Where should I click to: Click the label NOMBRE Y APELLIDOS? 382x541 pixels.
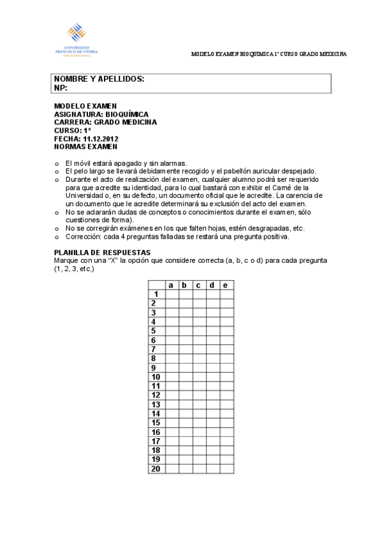[99, 79]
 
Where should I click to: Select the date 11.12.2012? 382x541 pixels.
[101, 138]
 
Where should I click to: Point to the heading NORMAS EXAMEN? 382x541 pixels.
[86, 146]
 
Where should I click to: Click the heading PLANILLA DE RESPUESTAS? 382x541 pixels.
[102, 253]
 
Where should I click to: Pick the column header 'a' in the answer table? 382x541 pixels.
[172, 285]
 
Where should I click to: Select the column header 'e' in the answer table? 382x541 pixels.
[226, 285]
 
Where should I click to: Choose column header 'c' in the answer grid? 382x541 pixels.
[199, 285]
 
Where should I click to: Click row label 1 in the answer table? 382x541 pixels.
[156, 294]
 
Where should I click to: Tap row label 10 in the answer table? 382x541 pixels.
[156, 376]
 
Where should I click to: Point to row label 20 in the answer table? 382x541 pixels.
[156, 468]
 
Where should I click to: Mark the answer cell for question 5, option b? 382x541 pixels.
[185, 330]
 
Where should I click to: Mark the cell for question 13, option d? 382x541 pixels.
[212, 404]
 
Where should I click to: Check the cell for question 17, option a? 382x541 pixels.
[172, 441]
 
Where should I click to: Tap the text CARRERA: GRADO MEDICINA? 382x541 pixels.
[105, 122]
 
